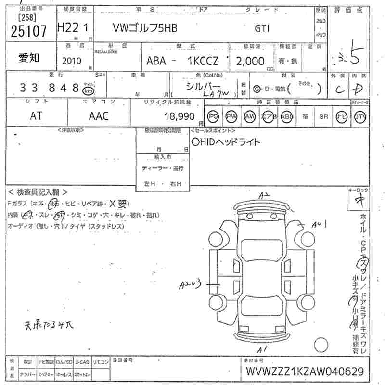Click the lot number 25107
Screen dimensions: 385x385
(x=28, y=31)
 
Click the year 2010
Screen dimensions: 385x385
(x=72, y=61)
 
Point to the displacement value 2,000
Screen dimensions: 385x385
(x=250, y=61)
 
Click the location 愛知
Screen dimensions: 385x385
(x=29, y=58)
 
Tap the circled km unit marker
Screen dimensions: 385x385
(x=88, y=90)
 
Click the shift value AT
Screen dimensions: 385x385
(x=36, y=115)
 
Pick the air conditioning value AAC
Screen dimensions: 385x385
(x=98, y=115)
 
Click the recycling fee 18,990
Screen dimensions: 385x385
(x=179, y=116)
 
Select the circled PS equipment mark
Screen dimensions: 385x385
(x=213, y=116)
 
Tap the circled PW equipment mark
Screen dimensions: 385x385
(x=231, y=116)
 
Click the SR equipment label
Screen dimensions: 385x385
(x=323, y=116)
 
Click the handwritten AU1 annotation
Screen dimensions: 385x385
(x=319, y=224)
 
